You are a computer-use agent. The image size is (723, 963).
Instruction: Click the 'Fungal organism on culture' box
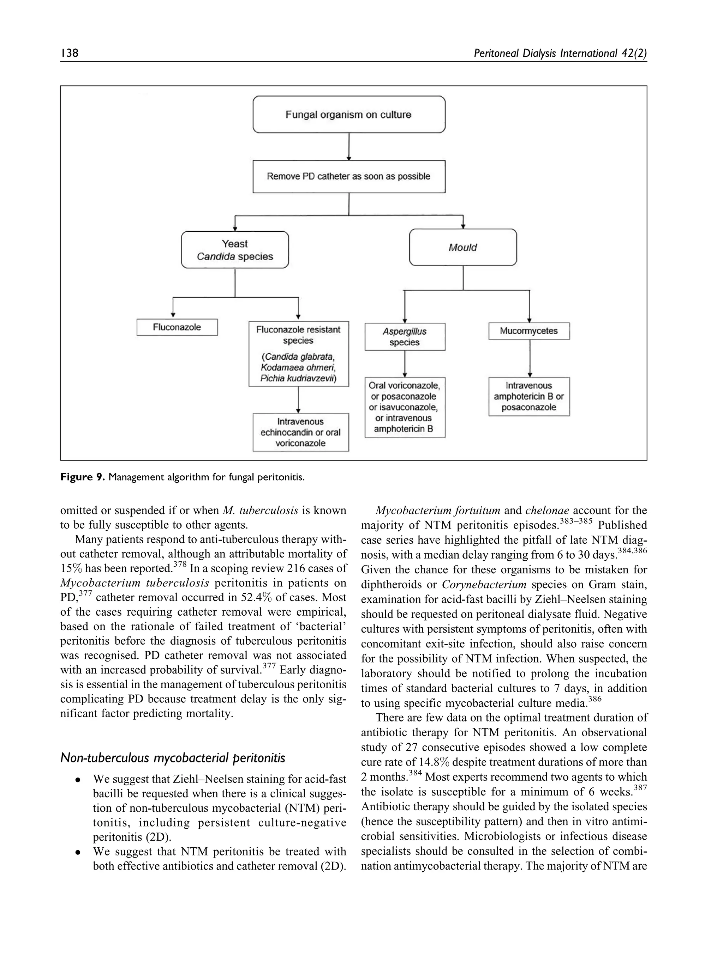point(349,115)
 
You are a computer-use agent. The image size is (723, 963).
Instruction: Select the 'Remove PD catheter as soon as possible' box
point(349,176)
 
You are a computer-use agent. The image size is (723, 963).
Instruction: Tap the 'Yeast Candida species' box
point(235,250)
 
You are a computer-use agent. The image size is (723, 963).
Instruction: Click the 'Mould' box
point(463,247)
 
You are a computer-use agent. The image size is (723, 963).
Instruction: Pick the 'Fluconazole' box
point(177,327)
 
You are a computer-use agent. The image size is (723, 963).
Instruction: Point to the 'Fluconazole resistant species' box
point(299,354)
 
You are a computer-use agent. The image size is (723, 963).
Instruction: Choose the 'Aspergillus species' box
point(405,336)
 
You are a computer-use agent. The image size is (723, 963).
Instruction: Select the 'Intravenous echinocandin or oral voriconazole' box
point(301,432)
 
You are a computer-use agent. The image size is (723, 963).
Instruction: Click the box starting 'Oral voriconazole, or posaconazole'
point(405,407)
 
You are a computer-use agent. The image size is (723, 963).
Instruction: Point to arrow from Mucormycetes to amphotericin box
point(530,358)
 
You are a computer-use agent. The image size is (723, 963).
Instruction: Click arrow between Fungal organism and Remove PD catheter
point(349,147)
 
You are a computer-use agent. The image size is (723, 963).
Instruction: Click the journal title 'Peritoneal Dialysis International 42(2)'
point(560,53)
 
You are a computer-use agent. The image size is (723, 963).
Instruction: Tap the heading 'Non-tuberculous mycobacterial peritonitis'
point(173,758)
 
